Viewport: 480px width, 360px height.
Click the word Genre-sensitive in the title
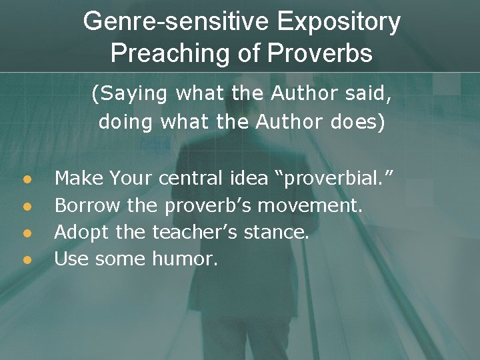click(x=176, y=22)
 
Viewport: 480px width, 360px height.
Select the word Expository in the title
click(x=339, y=22)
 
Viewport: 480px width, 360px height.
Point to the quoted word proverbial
click(x=339, y=179)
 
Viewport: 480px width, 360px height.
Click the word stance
click(x=280, y=232)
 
